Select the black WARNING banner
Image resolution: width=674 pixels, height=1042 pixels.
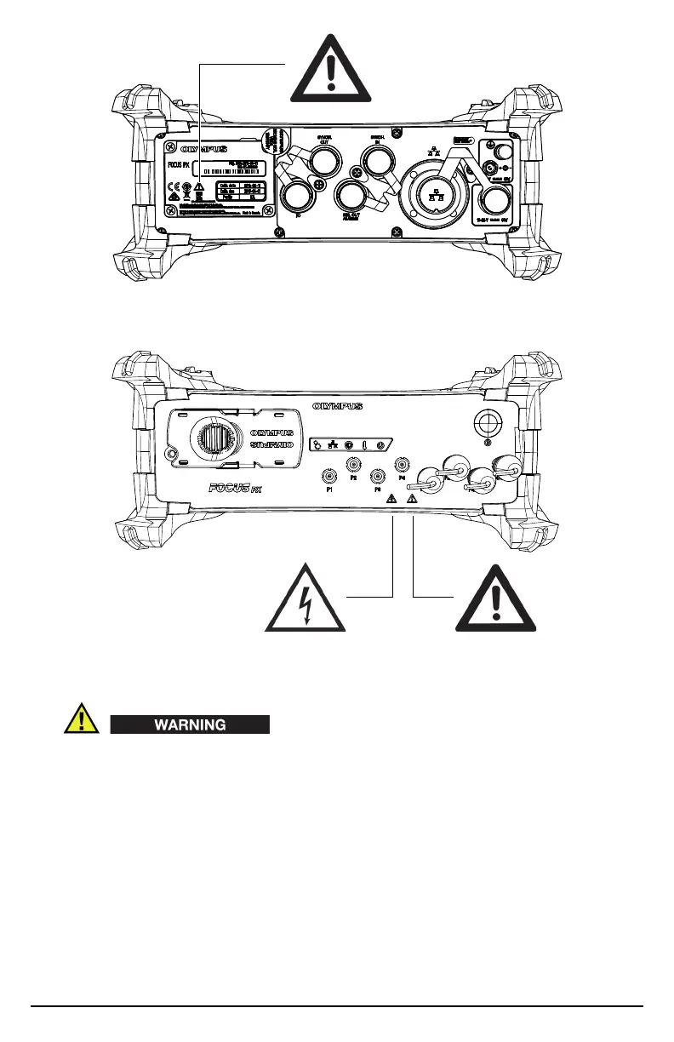click(190, 724)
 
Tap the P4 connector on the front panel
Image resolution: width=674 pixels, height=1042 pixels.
click(403, 465)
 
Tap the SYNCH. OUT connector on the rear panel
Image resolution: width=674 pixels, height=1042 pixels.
click(322, 160)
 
